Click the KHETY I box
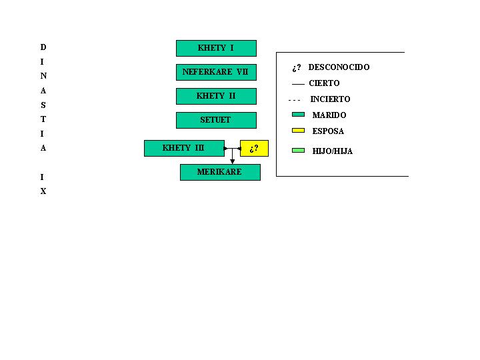click(x=216, y=49)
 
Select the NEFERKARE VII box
click(x=216, y=72)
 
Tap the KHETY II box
click(x=216, y=96)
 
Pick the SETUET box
click(x=216, y=120)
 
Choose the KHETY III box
click(x=184, y=148)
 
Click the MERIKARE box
click(x=220, y=173)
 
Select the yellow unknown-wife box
click(x=255, y=148)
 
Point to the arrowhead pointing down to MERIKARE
click(x=233, y=161)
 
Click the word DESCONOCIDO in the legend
click(x=339, y=67)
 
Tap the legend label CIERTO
click(x=324, y=83)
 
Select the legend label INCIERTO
click(x=330, y=99)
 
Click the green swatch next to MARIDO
click(x=298, y=114)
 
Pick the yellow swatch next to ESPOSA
click(x=298, y=131)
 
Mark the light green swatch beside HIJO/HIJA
click(x=298, y=150)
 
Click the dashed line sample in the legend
click(x=294, y=100)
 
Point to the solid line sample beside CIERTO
click(x=298, y=84)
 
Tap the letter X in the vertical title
click(x=43, y=191)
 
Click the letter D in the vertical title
click(x=43, y=47)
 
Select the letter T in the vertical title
click(x=43, y=119)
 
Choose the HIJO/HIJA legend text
click(x=333, y=151)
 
